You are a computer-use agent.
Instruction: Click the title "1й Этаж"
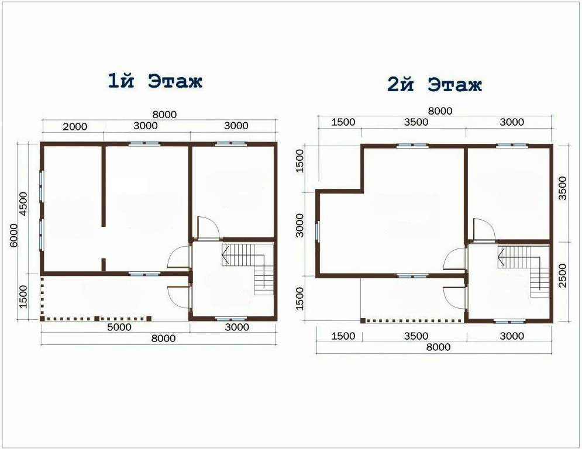(x=155, y=81)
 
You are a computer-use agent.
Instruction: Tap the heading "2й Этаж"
(x=434, y=84)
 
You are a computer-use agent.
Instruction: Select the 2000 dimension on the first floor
(x=75, y=126)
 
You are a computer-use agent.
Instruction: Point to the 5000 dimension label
(x=119, y=327)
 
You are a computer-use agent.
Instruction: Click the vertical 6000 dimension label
(x=13, y=235)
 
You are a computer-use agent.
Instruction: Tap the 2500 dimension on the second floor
(x=563, y=275)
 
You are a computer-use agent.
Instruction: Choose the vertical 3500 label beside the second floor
(x=563, y=188)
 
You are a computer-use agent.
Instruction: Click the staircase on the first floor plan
(x=247, y=269)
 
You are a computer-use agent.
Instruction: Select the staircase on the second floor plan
(x=524, y=272)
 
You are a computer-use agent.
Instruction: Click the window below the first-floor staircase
(x=230, y=319)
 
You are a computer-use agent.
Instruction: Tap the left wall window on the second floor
(x=318, y=231)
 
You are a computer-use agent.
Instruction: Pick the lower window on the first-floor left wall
(x=42, y=236)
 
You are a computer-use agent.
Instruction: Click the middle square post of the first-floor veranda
(x=97, y=319)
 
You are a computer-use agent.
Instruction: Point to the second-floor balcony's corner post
(x=363, y=320)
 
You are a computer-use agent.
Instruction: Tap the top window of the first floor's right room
(x=230, y=144)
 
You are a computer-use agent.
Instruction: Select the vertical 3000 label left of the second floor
(x=299, y=225)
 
